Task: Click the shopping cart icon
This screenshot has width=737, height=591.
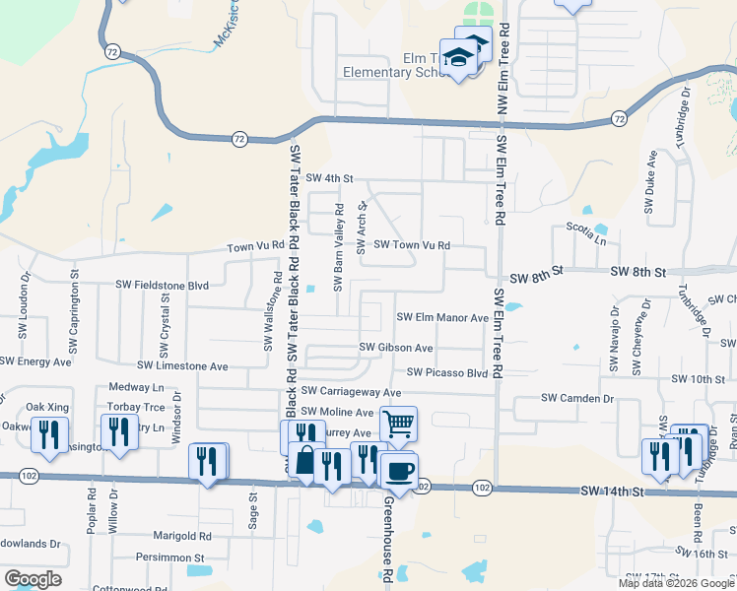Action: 398,425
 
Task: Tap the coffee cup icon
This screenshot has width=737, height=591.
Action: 399,471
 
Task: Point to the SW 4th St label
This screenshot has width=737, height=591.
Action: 329,178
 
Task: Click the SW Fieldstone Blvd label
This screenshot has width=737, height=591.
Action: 165,285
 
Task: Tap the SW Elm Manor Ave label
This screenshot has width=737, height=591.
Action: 442,317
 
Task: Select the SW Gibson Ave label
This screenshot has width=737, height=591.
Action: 396,348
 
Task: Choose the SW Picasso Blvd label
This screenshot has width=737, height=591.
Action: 446,373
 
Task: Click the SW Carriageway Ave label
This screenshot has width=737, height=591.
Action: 351,392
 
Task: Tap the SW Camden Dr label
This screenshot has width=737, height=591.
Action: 577,398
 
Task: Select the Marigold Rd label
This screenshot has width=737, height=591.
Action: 182,537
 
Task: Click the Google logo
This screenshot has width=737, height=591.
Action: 33,579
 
